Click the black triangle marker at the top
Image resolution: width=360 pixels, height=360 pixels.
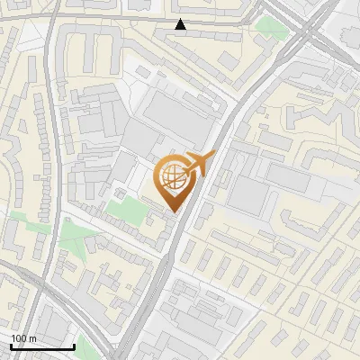tap(181, 25)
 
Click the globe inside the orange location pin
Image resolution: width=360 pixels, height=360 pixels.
tap(171, 178)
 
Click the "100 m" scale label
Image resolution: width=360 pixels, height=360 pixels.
tap(23, 338)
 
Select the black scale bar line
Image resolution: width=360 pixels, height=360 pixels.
tap(41, 346)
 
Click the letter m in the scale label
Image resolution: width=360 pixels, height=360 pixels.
tap(32, 338)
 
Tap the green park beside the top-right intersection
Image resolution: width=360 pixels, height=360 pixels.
tap(268, 24)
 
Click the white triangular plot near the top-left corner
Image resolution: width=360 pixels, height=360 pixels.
tap(31, 36)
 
